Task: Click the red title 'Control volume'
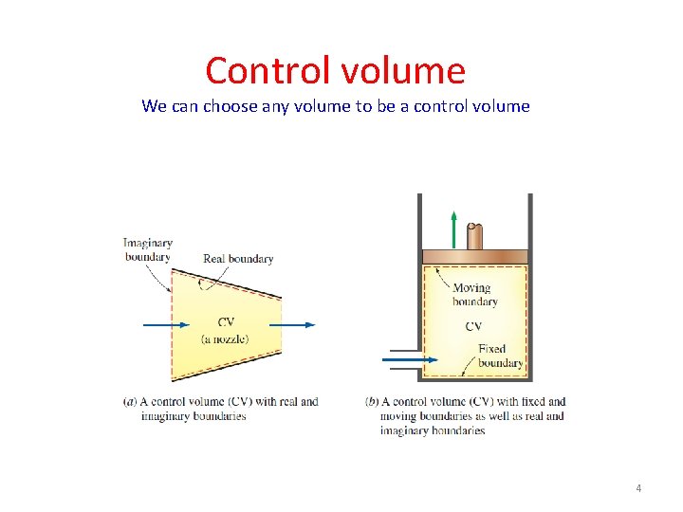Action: tap(335, 71)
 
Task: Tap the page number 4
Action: tap(638, 488)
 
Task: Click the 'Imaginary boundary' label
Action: tap(148, 249)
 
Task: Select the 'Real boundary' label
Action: tap(238, 259)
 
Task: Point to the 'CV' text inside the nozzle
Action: tap(226, 322)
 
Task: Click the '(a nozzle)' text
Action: tap(225, 338)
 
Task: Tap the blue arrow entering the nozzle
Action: tap(166, 324)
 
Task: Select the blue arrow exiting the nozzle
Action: tap(298, 324)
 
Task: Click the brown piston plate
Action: tap(474, 256)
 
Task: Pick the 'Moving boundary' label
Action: tap(473, 295)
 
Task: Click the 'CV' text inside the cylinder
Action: tap(473, 326)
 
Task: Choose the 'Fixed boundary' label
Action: tap(499, 356)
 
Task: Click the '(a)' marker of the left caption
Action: tap(130, 402)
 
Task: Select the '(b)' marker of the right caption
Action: tap(371, 402)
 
